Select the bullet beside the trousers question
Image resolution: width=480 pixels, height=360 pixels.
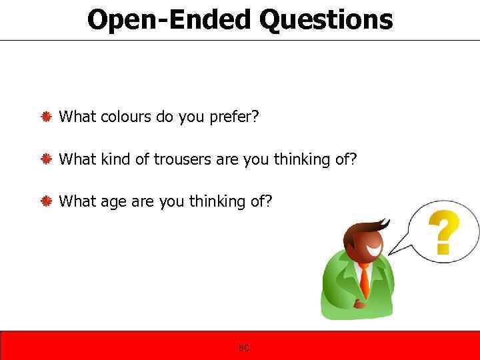(x=47, y=159)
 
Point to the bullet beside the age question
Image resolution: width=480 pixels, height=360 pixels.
(x=47, y=201)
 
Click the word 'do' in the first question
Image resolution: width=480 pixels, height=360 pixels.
(x=164, y=117)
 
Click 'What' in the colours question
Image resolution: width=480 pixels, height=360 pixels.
(x=78, y=117)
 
